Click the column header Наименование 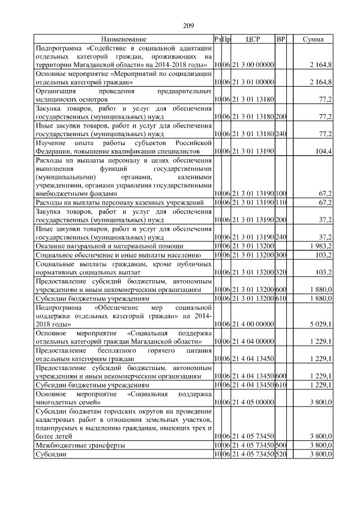(124, 39)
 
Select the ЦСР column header (251, 39)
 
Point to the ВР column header (281, 39)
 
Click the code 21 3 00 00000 (252, 66)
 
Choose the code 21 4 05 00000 (252, 403)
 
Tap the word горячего (159, 350)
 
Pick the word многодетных (57, 403)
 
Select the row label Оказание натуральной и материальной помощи (109, 246)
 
